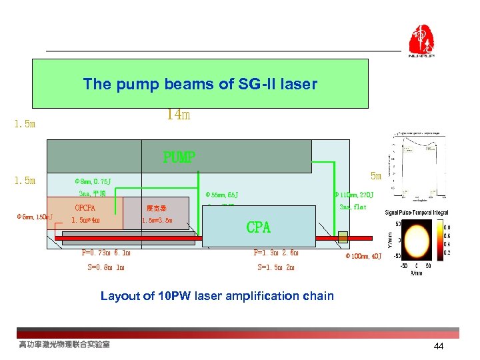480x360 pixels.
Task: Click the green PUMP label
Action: click(x=179, y=157)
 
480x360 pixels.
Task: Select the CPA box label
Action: click(x=259, y=227)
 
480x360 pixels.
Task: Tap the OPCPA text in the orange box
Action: click(x=89, y=208)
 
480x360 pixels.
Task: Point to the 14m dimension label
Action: click(x=178, y=115)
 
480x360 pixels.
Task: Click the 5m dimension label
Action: click(x=375, y=176)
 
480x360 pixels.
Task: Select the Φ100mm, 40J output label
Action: click(x=363, y=256)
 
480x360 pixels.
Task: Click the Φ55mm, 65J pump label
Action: click(x=222, y=195)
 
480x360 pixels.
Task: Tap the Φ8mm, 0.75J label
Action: click(x=93, y=181)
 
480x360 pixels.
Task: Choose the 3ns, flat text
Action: click(x=353, y=207)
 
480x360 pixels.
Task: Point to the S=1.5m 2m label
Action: click(x=275, y=267)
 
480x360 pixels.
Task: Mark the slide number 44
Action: click(x=438, y=346)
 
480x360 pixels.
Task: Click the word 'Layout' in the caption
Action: click(x=121, y=295)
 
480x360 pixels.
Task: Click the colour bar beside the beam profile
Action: click(x=441, y=243)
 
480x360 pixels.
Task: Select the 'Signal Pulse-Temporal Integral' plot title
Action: click(x=417, y=213)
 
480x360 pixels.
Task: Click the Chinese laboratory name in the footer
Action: click(x=64, y=344)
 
